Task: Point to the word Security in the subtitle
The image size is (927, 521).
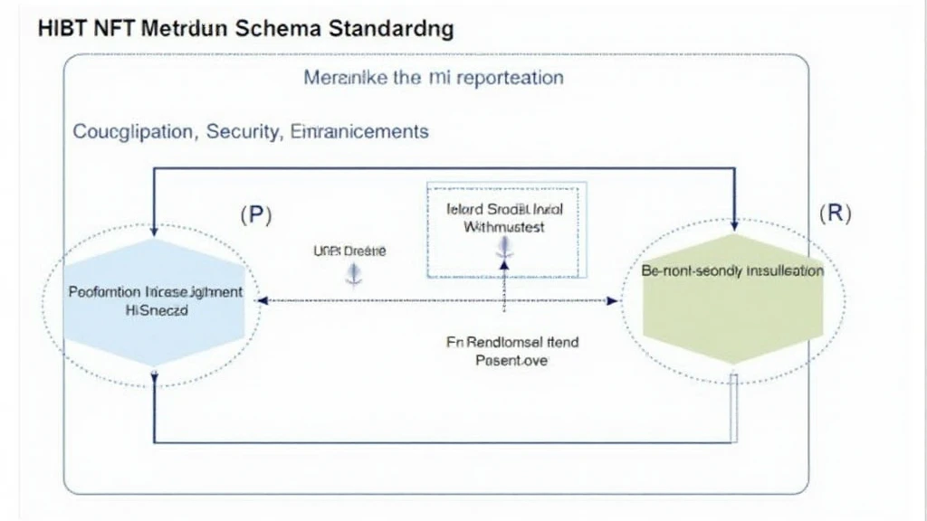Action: click(x=242, y=131)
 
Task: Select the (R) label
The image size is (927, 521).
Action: click(x=835, y=214)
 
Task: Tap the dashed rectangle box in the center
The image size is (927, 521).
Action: click(x=506, y=231)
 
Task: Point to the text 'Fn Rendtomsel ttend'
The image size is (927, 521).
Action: click(x=512, y=343)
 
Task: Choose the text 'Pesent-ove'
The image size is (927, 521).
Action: click(x=511, y=360)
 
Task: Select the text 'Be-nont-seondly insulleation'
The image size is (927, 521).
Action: click(x=732, y=270)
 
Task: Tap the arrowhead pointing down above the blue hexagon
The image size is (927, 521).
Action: click(x=156, y=232)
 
